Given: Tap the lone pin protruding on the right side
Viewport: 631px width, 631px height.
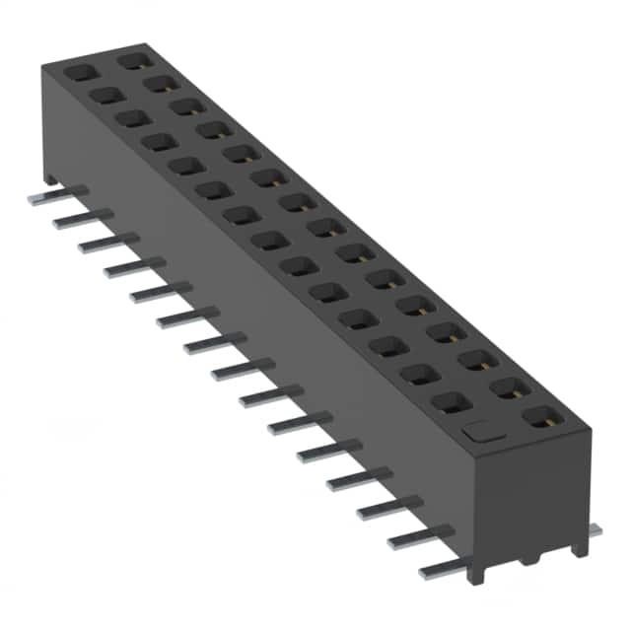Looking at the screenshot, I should pyautogui.click(x=595, y=529).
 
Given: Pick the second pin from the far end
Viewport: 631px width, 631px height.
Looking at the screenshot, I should pyautogui.click(x=77, y=219).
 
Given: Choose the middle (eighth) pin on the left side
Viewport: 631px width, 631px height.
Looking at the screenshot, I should pyautogui.click(x=237, y=369).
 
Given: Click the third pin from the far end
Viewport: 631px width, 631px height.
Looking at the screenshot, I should pyautogui.click(x=103, y=243).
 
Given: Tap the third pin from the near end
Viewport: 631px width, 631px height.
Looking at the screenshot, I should pyautogui.click(x=385, y=508).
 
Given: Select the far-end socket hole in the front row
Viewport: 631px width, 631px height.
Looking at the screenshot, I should pyautogui.click(x=77, y=72).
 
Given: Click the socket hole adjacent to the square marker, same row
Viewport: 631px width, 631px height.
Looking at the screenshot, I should pyautogui.click(x=451, y=401).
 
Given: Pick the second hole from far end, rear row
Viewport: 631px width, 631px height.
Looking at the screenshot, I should pyautogui.click(x=157, y=84).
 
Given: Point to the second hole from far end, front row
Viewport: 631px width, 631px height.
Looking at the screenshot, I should pyautogui.click(x=104, y=96).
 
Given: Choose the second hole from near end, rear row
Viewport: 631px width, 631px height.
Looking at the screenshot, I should pyautogui.click(x=509, y=388).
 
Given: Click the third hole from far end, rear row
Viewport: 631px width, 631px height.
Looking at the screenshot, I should pyautogui.click(x=183, y=106).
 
